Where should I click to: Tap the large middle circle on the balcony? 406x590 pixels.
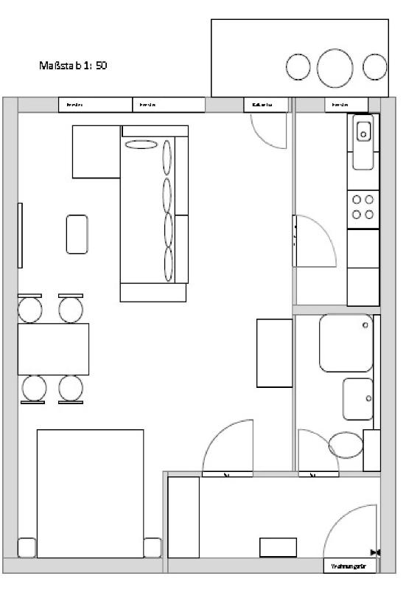[x=335, y=68]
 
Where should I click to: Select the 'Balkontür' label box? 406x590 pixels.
[x=266, y=105]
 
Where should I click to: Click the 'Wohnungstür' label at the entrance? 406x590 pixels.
[x=349, y=566]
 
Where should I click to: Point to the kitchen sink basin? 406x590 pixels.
[x=364, y=132]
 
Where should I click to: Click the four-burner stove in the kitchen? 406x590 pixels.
[x=363, y=207]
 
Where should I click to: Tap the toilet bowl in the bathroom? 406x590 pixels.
[x=345, y=445]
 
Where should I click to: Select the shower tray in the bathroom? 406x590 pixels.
[x=346, y=342]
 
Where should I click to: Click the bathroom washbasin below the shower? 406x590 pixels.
[x=358, y=399]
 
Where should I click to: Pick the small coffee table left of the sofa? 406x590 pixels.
[x=77, y=232]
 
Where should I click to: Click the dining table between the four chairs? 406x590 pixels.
[x=53, y=349]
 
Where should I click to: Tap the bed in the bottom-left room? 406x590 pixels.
[x=90, y=493]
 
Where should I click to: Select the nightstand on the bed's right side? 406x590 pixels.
[x=153, y=548]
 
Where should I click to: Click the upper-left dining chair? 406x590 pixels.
[x=30, y=308]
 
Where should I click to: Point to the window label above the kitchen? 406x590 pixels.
[x=346, y=105]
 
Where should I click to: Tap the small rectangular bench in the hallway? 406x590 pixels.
[x=278, y=547]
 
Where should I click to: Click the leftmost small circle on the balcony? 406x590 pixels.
[x=298, y=68]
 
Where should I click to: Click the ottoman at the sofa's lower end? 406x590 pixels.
[x=153, y=292]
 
